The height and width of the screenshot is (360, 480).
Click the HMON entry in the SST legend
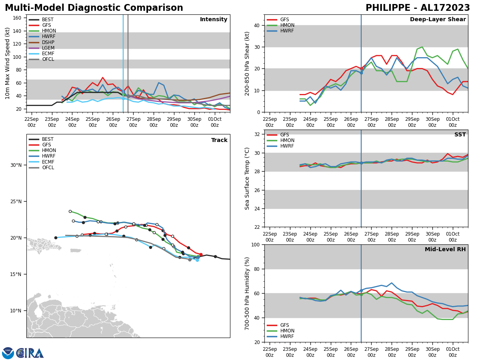point(287,140)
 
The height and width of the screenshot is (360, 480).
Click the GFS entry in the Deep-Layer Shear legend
point(284,20)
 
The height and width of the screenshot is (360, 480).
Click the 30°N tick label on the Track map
point(16,165)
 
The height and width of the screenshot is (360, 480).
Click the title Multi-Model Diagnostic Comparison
point(94,8)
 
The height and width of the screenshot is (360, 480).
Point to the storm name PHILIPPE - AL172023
point(418,8)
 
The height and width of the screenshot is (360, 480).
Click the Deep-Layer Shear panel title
point(438,20)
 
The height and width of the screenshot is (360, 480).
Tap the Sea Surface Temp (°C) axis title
point(247,178)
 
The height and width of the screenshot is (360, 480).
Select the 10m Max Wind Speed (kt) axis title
point(8,63)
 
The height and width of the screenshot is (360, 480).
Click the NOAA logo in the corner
point(8,353)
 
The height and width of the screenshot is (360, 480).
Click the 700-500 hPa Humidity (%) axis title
point(247,293)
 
